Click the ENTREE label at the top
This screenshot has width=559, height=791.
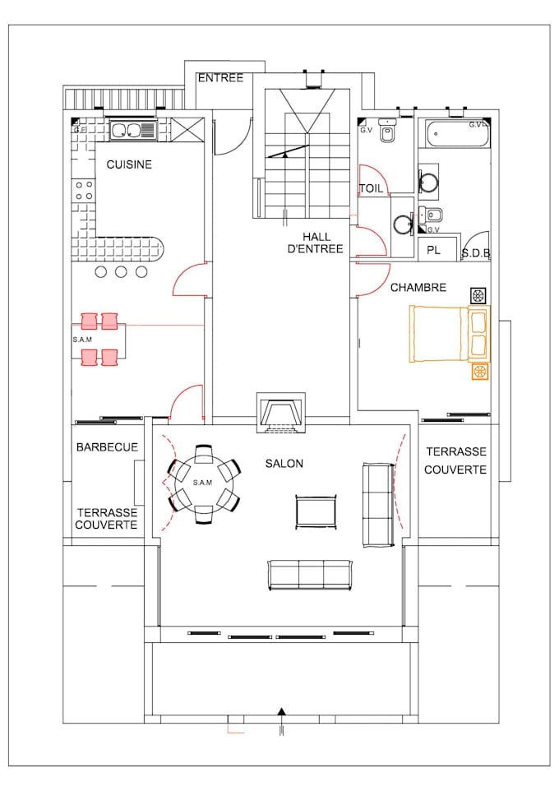pyautogui.click(x=220, y=78)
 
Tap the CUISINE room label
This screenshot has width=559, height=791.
pyautogui.click(x=129, y=164)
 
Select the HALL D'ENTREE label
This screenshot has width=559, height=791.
pyautogui.click(x=315, y=243)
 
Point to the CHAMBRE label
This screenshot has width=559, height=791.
pyautogui.click(x=418, y=288)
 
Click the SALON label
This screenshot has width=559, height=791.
pyautogui.click(x=284, y=464)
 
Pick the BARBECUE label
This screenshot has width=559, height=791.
pyautogui.click(x=107, y=447)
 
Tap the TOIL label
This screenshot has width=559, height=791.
pyautogui.click(x=371, y=188)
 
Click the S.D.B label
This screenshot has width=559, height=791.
pyautogui.click(x=475, y=253)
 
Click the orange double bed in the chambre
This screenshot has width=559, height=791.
pyautogui.click(x=440, y=333)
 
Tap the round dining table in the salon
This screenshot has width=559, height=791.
pyautogui.click(x=203, y=483)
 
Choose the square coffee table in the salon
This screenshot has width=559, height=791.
pyautogui.click(x=316, y=511)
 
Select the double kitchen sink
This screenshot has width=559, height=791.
pyautogui.click(x=132, y=130)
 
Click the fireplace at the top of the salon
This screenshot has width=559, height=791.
pyautogui.click(x=281, y=411)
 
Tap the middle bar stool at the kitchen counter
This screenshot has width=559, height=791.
pyautogui.click(x=122, y=272)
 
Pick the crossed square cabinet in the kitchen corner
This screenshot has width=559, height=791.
pyautogui.click(x=186, y=131)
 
